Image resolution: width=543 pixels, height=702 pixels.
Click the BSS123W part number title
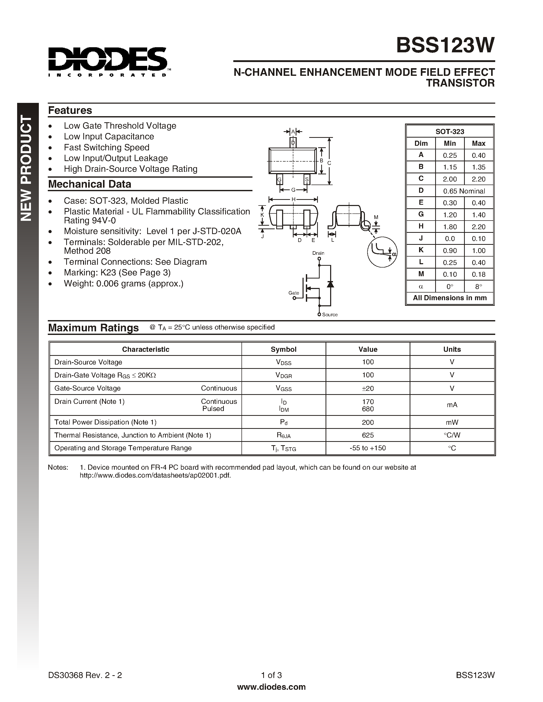[445, 45]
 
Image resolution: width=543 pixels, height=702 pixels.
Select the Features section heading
[70, 110]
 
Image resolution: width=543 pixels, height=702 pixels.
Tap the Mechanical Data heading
[90, 184]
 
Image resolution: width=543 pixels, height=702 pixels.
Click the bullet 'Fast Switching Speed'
[107, 147]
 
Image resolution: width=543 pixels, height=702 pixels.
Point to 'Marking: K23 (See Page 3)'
[117, 273]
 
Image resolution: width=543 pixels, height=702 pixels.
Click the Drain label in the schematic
[318, 253]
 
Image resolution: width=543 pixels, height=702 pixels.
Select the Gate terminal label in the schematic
[293, 293]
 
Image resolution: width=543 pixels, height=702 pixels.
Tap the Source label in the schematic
[330, 315]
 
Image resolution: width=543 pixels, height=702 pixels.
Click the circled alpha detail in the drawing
[382, 252]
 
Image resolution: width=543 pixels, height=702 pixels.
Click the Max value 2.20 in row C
[478, 179]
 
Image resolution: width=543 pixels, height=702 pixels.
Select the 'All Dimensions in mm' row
[450, 298]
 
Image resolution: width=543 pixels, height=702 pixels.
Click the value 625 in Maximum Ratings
[368, 435]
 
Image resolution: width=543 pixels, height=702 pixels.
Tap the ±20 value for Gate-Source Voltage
[368, 388]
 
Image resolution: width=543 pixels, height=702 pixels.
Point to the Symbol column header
[283, 349]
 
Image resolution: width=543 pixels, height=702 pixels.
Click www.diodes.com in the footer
[271, 687]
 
